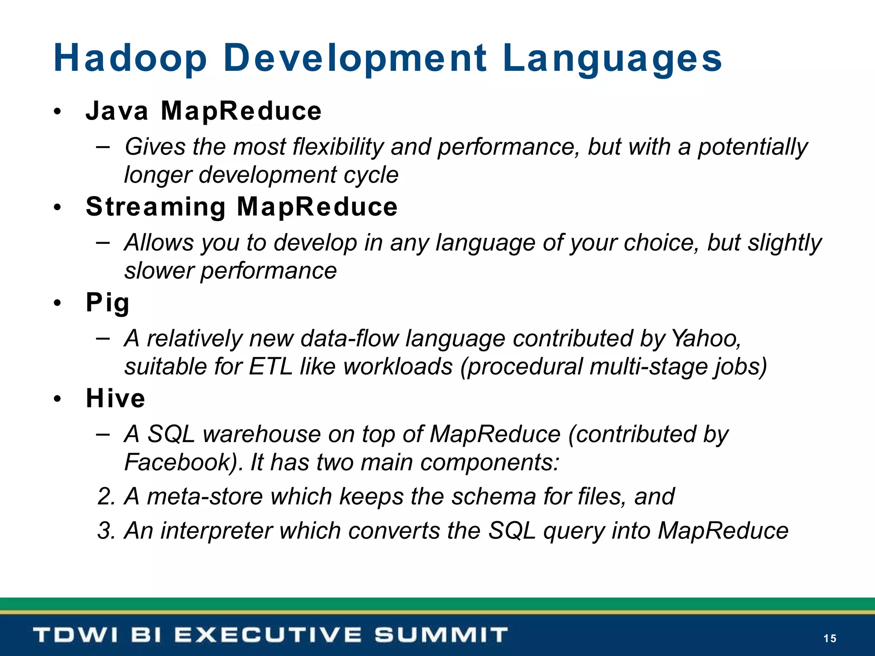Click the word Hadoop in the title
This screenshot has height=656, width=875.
pyautogui.click(x=130, y=58)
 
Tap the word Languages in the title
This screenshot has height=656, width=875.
pyautogui.click(x=612, y=59)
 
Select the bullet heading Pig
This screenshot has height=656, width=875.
pyautogui.click(x=108, y=303)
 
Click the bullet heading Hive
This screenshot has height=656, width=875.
pyautogui.click(x=115, y=398)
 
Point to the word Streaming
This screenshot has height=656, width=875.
pyautogui.click(x=156, y=207)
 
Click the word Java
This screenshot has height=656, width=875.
pyautogui.click(x=117, y=111)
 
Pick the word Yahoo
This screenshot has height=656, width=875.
pyautogui.click(x=706, y=338)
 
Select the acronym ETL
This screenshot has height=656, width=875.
pyautogui.click(x=270, y=366)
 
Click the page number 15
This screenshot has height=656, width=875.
pyautogui.click(x=830, y=638)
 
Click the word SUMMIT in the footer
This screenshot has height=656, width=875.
pyautogui.click(x=441, y=635)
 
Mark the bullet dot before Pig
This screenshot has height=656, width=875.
pyautogui.click(x=58, y=304)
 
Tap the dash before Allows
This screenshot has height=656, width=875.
pyautogui.click(x=103, y=243)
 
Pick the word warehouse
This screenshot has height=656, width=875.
pyautogui.click(x=261, y=434)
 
